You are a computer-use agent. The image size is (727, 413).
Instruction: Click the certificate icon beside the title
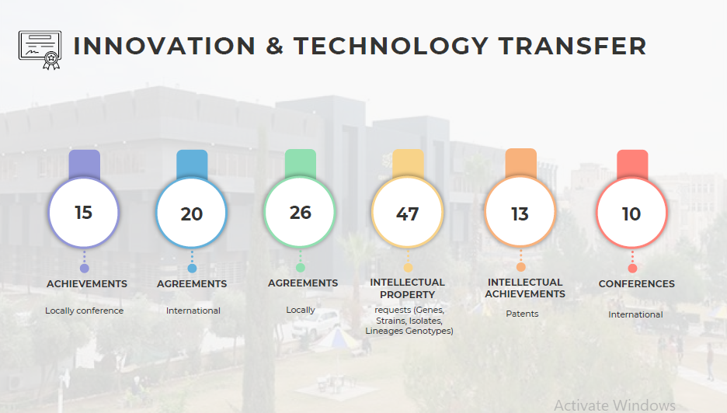(40, 50)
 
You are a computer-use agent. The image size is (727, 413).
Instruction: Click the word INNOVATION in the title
(165, 46)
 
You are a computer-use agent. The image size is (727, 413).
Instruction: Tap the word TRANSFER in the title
(572, 46)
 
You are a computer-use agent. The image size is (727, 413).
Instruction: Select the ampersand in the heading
(275, 46)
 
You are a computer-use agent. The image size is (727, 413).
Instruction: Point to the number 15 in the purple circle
(83, 212)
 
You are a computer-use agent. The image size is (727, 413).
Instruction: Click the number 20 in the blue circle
(192, 213)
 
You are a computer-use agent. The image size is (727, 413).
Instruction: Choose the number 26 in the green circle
(300, 212)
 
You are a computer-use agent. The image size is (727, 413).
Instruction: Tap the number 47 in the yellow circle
(407, 213)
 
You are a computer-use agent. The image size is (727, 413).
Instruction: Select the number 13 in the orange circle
(520, 213)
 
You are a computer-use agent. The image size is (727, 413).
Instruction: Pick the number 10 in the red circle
(631, 213)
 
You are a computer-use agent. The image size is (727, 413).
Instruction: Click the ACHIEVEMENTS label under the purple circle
(87, 283)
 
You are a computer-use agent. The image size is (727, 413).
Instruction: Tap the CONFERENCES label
(637, 283)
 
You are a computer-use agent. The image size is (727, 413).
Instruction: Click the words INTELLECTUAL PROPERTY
(407, 288)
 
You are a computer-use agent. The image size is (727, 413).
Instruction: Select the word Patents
(522, 314)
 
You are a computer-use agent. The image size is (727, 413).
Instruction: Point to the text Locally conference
(85, 311)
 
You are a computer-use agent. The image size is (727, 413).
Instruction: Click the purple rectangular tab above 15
(85, 165)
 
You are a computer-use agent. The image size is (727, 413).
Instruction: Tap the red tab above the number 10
(632, 165)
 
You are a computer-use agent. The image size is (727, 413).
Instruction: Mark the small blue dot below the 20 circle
(192, 268)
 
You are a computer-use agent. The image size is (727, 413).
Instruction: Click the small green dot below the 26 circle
(301, 268)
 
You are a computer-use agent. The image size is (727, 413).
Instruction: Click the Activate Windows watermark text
(615, 405)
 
